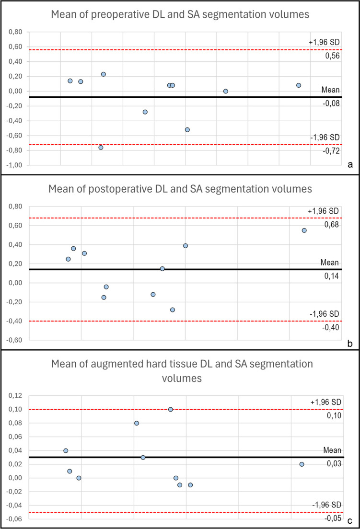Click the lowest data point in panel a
(101, 147)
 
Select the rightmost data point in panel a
(299, 85)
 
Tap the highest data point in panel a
(103, 74)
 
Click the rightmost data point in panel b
(304, 230)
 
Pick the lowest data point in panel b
(173, 310)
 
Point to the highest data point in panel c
(170, 409)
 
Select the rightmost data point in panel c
(302, 464)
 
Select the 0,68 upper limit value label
(331, 225)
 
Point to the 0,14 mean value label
(331, 276)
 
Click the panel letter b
(349, 344)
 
